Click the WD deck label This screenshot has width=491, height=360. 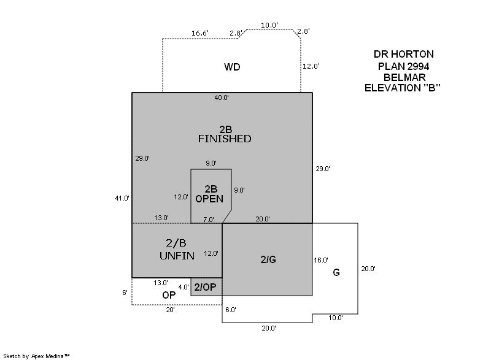231,67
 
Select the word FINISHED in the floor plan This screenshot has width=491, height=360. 224,139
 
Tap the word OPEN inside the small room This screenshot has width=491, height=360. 209,199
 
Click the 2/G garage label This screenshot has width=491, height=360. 268,259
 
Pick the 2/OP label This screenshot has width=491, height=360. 205,287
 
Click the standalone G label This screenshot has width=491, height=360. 336,272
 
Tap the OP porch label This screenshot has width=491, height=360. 169,295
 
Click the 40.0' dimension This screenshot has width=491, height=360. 222,98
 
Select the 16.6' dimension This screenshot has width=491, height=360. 200,34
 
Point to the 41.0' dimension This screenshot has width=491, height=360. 122,198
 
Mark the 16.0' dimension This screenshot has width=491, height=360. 321,259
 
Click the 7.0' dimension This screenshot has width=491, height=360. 209,219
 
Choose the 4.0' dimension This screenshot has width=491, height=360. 184,287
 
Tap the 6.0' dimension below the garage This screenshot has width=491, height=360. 230,310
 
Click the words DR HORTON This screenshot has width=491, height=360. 403,55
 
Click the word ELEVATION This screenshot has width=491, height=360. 392,88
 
